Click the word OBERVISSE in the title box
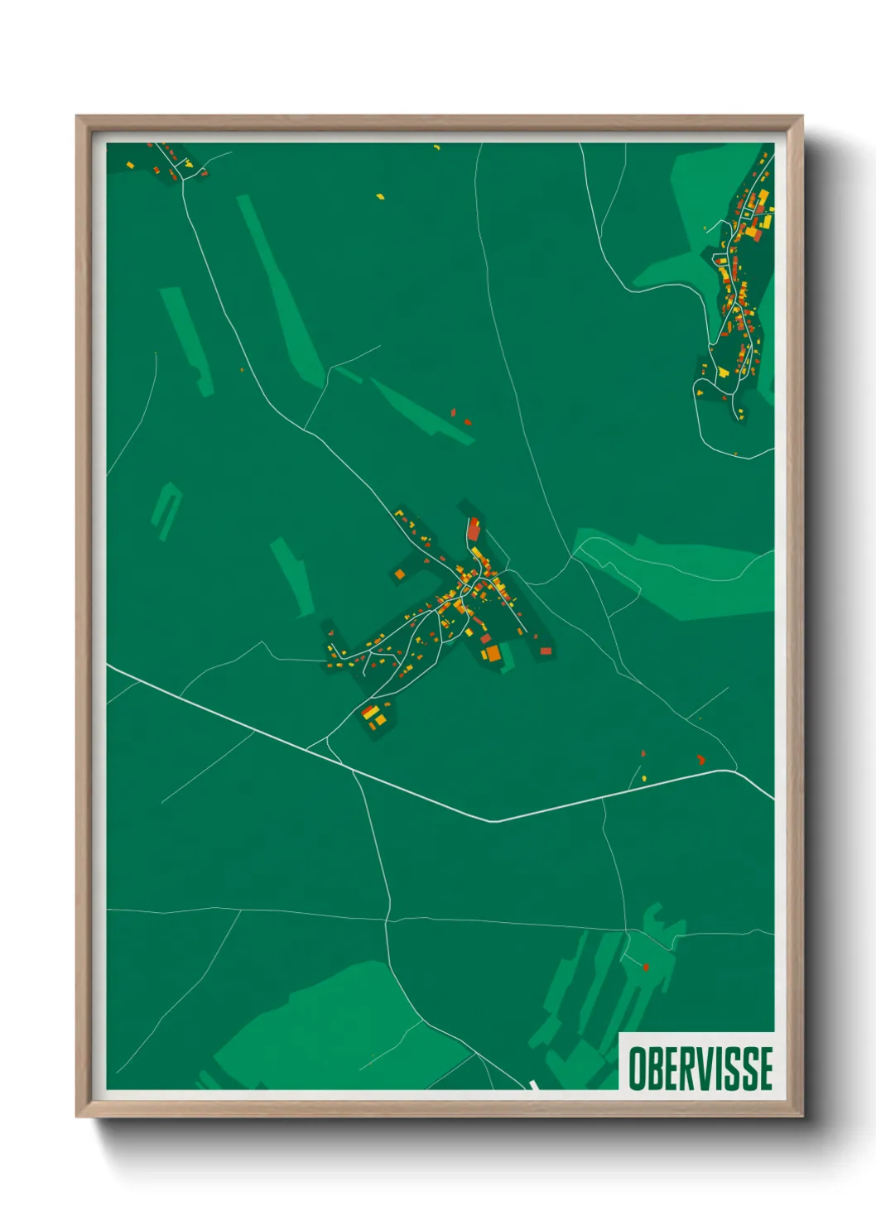(700, 1068)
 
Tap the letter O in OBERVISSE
(637, 1068)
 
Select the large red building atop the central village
(474, 529)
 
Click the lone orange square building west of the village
(399, 574)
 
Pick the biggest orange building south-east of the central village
(493, 654)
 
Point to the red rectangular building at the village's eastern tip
(546, 651)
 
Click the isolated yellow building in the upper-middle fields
(380, 197)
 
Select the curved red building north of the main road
(700, 758)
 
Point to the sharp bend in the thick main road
(495, 821)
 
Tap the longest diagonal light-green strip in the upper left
(279, 290)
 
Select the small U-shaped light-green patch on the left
(166, 509)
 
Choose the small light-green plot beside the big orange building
(508, 658)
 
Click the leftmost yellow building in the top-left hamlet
(130, 165)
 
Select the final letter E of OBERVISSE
(764, 1068)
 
